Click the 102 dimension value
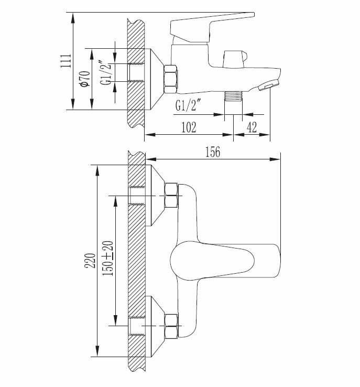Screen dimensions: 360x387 pyautogui.click(x=188, y=127)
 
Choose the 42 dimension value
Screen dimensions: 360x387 pyautogui.click(x=253, y=127)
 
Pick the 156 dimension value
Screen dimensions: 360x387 pyautogui.click(x=213, y=152)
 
